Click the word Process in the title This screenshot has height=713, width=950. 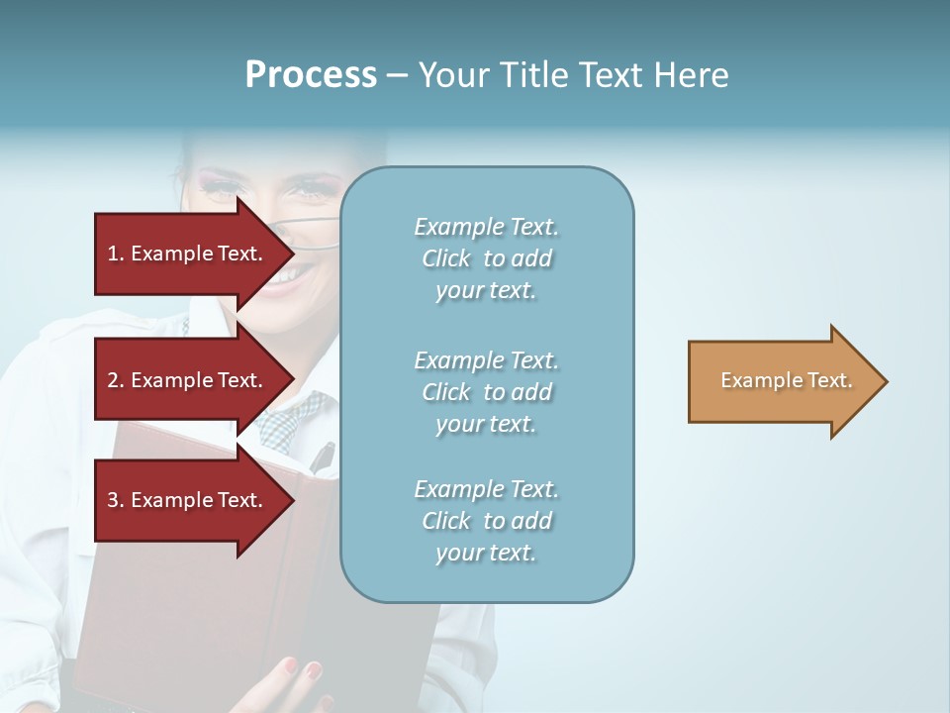point(311,75)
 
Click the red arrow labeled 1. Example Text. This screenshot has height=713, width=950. point(188,254)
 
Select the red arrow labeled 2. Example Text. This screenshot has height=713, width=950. point(188,380)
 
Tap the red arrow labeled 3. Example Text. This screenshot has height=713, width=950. point(188,500)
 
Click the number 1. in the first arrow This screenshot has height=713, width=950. point(116,254)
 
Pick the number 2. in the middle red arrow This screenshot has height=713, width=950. point(116,380)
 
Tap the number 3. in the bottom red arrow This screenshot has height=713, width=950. point(116,500)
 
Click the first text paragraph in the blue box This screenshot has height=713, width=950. point(486,258)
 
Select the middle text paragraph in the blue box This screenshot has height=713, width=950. point(486,392)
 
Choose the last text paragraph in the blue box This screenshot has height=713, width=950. point(486,521)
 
